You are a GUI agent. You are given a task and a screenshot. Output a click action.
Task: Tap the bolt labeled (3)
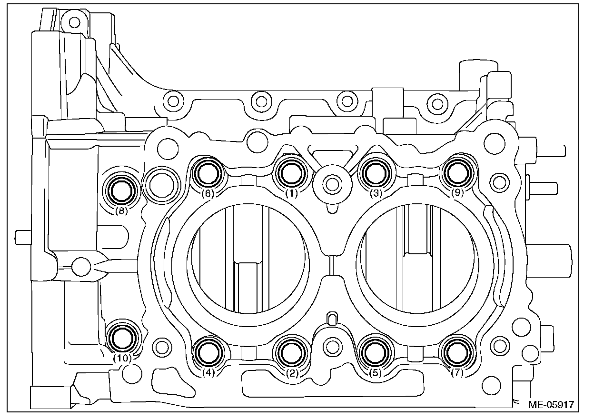tap(375, 172)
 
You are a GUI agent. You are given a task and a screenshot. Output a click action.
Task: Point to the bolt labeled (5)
tap(375, 352)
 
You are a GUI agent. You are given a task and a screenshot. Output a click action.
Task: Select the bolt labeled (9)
tap(457, 172)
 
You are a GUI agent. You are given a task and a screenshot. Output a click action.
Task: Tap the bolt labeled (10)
tap(121, 338)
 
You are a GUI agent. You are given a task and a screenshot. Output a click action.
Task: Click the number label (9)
tap(457, 193)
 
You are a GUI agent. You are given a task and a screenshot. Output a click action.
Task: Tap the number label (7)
tap(457, 373)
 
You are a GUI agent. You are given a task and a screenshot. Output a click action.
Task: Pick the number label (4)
tap(209, 373)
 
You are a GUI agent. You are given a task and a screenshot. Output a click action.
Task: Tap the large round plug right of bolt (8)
tap(161, 182)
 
